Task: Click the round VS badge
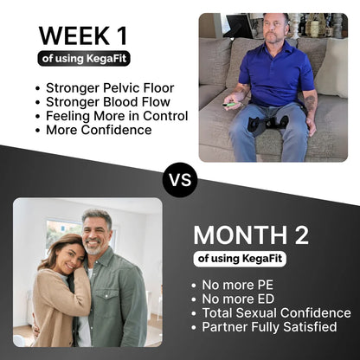point(180,180)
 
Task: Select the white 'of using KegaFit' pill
point(241,258)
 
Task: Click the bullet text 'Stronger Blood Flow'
point(97,102)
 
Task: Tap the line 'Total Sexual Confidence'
point(275,313)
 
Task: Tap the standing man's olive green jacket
point(121,303)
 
